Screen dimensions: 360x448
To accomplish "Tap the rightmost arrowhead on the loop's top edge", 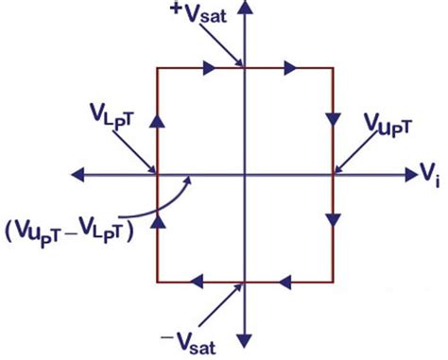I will (x=290, y=68).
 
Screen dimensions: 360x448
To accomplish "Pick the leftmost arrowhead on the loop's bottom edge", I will (x=198, y=281).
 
